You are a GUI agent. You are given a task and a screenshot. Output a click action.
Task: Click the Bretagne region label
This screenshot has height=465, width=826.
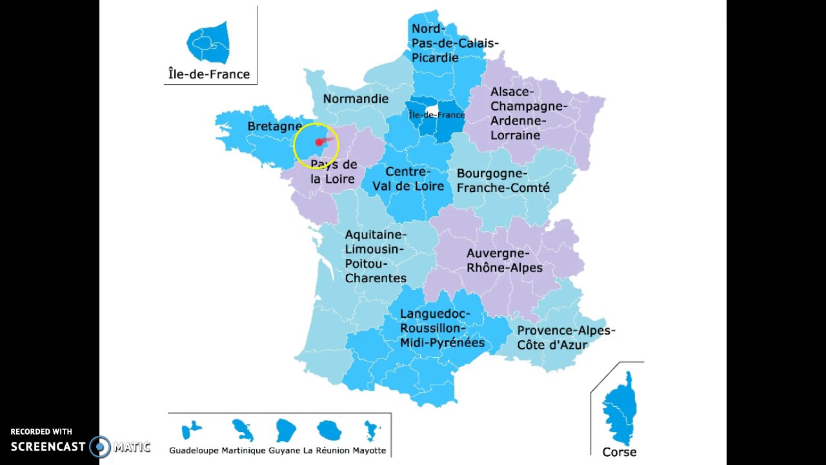click(274, 127)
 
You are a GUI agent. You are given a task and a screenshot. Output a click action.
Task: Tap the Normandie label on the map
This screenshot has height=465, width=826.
click(356, 99)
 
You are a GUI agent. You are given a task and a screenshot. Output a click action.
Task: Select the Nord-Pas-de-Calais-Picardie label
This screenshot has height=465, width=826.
click(455, 43)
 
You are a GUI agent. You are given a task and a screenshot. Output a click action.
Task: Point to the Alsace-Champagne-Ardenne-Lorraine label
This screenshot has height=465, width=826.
click(529, 114)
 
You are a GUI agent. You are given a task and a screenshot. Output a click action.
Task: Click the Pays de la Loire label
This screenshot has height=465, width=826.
click(334, 172)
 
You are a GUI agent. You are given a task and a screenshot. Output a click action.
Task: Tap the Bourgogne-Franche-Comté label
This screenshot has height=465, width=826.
click(503, 181)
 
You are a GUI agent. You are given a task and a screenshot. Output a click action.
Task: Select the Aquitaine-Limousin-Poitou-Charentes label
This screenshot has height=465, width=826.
click(376, 256)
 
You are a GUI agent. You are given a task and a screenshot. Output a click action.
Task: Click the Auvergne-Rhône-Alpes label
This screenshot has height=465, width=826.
click(505, 260)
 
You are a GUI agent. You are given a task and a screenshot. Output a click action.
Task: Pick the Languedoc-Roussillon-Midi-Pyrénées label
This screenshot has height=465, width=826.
click(442, 328)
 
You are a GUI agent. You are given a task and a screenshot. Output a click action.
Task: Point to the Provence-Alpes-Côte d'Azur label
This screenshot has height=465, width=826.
click(566, 338)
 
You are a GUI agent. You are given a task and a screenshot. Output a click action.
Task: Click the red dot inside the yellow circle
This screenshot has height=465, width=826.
click(319, 142)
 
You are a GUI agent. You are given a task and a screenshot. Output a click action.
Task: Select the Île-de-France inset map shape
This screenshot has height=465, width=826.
click(208, 43)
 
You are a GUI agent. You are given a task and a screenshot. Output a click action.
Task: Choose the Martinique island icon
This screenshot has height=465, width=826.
click(242, 429)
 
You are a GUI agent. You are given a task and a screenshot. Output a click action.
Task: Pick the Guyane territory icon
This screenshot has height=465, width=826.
click(285, 430)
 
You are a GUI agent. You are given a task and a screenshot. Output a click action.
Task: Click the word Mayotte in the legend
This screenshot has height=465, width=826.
click(369, 451)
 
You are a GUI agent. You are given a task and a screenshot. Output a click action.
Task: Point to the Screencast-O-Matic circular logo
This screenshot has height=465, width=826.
click(100, 447)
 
